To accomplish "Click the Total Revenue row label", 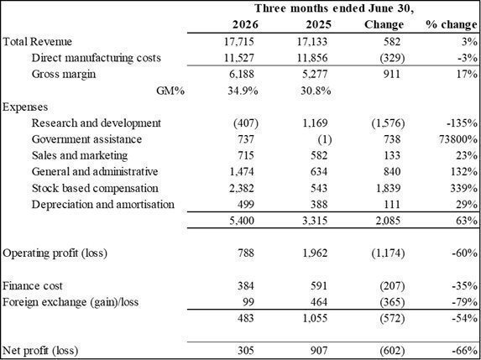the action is [37, 41].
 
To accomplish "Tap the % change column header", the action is [451, 25].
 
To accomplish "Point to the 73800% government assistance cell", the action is [458, 139].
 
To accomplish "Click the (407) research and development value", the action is [246, 123].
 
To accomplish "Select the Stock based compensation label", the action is [95, 188].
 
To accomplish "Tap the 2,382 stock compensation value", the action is [240, 188].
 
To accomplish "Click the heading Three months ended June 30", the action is [334, 8].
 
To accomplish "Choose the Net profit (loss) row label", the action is [40, 350].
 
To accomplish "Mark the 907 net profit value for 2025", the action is [318, 350].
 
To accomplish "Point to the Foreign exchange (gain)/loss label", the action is [71, 302].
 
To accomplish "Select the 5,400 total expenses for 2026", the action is [240, 221].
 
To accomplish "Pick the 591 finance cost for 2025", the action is [318, 286].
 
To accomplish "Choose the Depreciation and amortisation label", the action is [103, 204].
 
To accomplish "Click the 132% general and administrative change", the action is [463, 172].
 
